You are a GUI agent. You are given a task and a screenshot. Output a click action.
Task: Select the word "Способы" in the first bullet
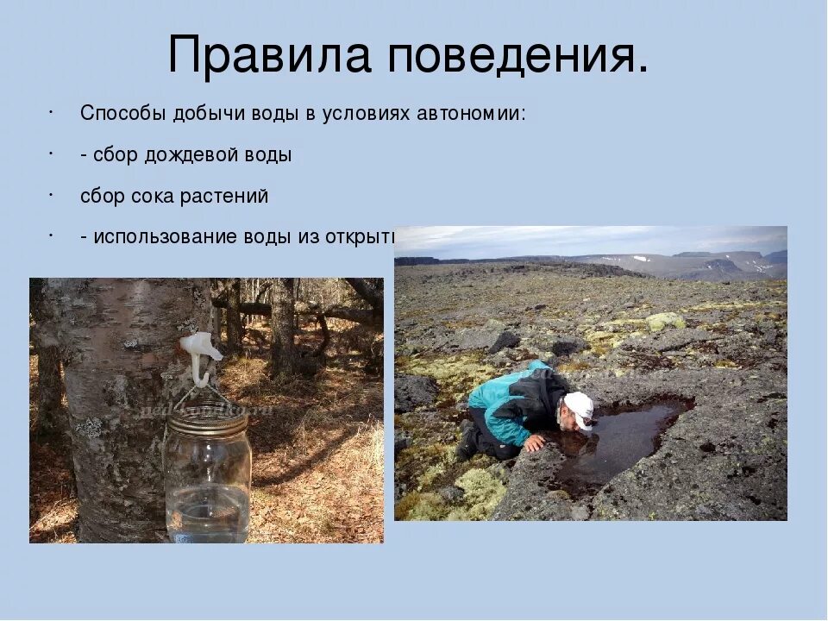click(x=124, y=114)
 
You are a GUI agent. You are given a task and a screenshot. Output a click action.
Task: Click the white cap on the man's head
click(x=580, y=405)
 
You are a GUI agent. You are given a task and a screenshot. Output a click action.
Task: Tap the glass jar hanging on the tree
click(x=208, y=474)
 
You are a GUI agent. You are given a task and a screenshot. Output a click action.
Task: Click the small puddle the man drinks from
click(x=621, y=440)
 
